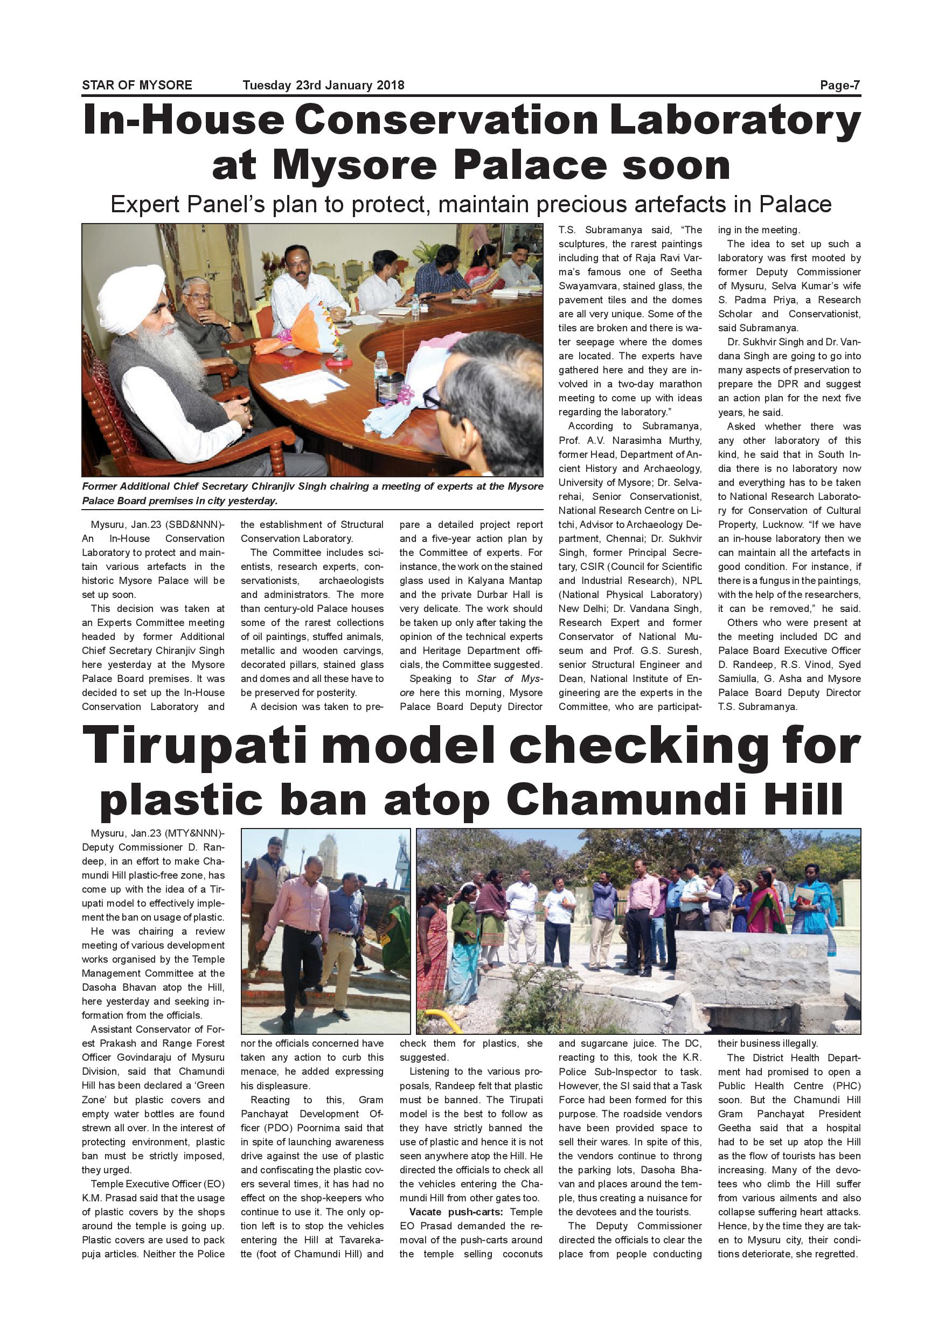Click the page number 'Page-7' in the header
point(840,86)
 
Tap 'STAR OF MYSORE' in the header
point(137,86)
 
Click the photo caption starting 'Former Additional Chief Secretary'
point(312,493)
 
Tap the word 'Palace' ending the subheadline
point(795,205)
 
